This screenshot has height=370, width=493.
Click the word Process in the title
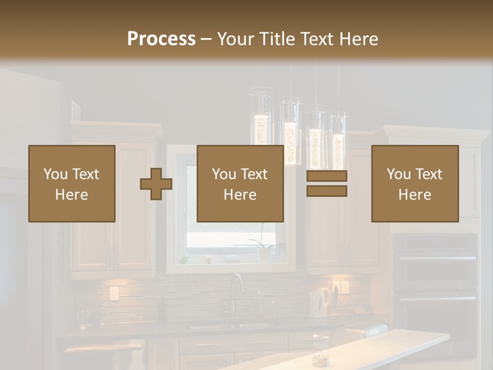(161, 39)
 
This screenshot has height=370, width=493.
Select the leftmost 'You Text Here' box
(72, 183)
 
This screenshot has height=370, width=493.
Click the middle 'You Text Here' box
(240, 183)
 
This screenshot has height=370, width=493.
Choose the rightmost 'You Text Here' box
(414, 183)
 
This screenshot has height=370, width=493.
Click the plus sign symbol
(156, 184)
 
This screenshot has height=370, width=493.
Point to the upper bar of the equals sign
(327, 176)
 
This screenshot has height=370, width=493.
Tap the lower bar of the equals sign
(327, 191)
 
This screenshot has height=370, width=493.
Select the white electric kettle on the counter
(319, 302)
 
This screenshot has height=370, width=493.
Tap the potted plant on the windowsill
(263, 249)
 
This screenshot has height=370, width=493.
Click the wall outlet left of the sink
(113, 293)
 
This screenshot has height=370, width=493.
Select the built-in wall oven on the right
(435, 277)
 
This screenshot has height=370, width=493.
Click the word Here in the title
(358, 39)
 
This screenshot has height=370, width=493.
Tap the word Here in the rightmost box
(414, 194)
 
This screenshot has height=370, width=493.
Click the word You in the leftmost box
(55, 174)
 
